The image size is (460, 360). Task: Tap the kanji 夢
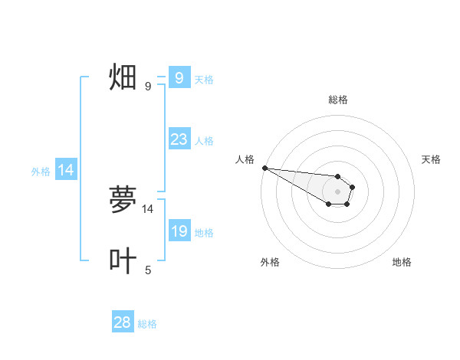(x=123, y=200)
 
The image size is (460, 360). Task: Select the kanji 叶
(x=123, y=260)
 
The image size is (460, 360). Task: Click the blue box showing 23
(x=179, y=139)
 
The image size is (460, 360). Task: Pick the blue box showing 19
(x=179, y=231)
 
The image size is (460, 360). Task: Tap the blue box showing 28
(x=123, y=322)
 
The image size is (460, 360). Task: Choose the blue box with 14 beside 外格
(x=66, y=170)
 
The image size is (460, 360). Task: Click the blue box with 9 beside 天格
(x=179, y=77)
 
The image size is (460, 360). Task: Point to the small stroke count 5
(x=148, y=270)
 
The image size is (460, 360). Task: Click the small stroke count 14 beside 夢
(x=148, y=208)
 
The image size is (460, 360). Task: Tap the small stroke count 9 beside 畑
(x=148, y=87)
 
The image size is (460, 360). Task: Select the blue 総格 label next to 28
(x=147, y=324)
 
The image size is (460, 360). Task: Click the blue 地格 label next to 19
(x=204, y=233)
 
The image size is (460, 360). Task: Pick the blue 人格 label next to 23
(x=204, y=141)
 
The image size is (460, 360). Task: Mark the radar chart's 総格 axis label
(x=337, y=100)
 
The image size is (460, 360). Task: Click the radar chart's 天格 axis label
(x=432, y=159)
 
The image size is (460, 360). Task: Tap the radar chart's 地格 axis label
(x=402, y=262)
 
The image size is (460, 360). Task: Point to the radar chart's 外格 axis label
(x=270, y=262)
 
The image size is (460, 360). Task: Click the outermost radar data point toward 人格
(x=264, y=168)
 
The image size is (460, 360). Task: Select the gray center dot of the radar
(x=337, y=191)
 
